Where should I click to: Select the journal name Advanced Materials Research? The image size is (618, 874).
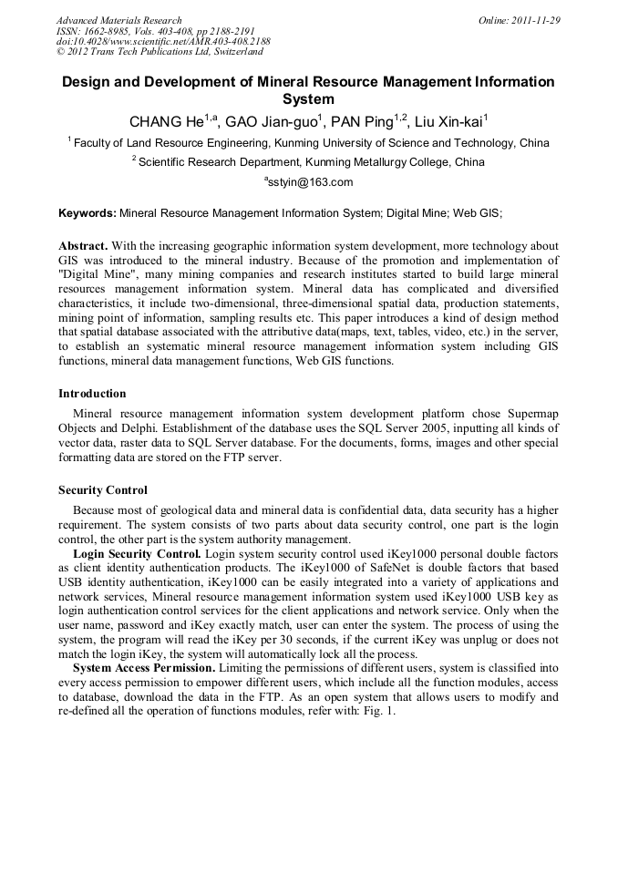coord(118,20)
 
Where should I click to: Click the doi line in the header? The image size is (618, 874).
coord(163,42)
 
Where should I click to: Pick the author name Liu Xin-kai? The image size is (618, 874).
coord(448,122)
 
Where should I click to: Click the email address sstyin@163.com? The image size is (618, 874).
coord(310,182)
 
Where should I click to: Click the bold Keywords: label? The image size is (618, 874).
coord(88,213)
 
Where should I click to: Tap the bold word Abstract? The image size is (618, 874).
coord(83,247)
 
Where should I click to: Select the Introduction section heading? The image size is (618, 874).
coord(92,394)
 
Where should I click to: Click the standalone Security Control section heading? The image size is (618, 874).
coord(103,489)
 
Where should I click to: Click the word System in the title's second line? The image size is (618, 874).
coord(308,99)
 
